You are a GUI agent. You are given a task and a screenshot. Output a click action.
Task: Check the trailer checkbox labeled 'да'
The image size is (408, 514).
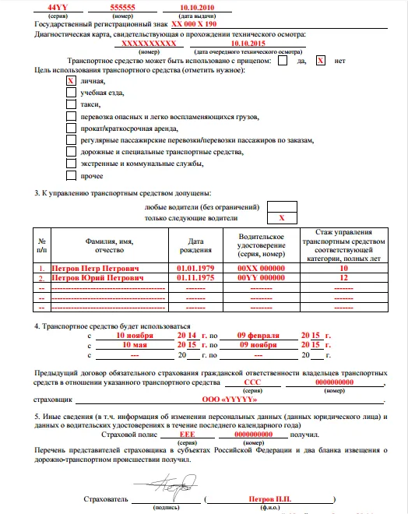pyautogui.click(x=282, y=61)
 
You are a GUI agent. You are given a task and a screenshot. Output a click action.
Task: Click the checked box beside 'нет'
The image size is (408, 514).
pyautogui.click(x=321, y=61)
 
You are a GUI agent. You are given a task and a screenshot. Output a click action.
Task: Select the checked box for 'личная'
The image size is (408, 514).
pyautogui.click(x=71, y=80)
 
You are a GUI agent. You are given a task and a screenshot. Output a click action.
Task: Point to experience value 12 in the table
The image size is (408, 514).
pyautogui.click(x=343, y=278)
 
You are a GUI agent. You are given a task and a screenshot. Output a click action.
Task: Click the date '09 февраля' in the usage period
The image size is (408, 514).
pyautogui.click(x=257, y=334)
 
